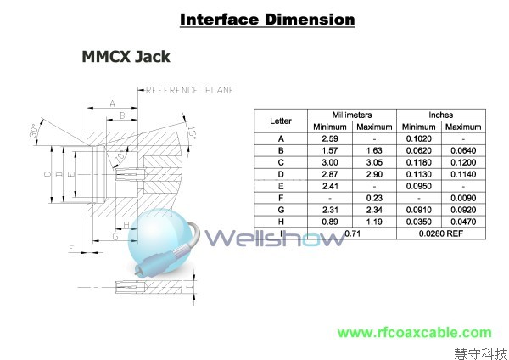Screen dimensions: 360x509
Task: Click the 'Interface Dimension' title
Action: [x=255, y=19]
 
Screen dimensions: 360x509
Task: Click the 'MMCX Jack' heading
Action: [x=126, y=58]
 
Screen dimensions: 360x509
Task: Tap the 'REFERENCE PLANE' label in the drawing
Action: [x=190, y=90]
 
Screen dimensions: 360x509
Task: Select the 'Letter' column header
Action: [x=280, y=121]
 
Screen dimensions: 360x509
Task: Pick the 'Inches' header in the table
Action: [x=440, y=115]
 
